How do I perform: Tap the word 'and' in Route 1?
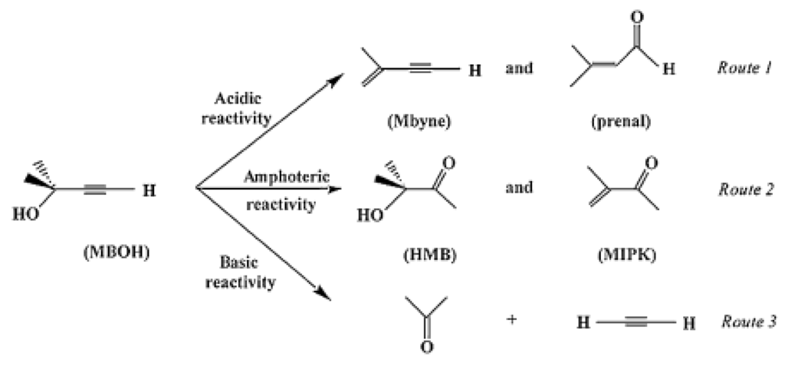(519, 68)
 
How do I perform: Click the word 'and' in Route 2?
(519, 187)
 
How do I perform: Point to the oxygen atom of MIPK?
(650, 163)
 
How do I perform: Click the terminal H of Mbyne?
(475, 71)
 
